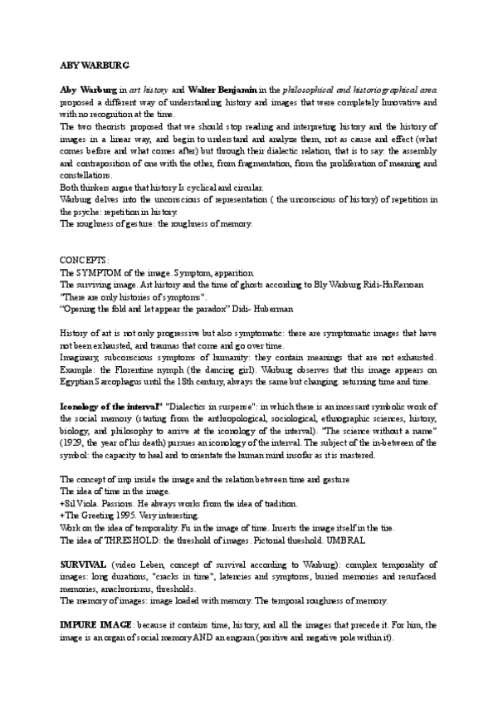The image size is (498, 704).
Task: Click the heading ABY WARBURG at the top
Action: click(93, 64)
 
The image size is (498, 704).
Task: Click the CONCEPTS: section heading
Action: click(85, 260)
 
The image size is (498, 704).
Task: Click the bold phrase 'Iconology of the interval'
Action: click(110, 407)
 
